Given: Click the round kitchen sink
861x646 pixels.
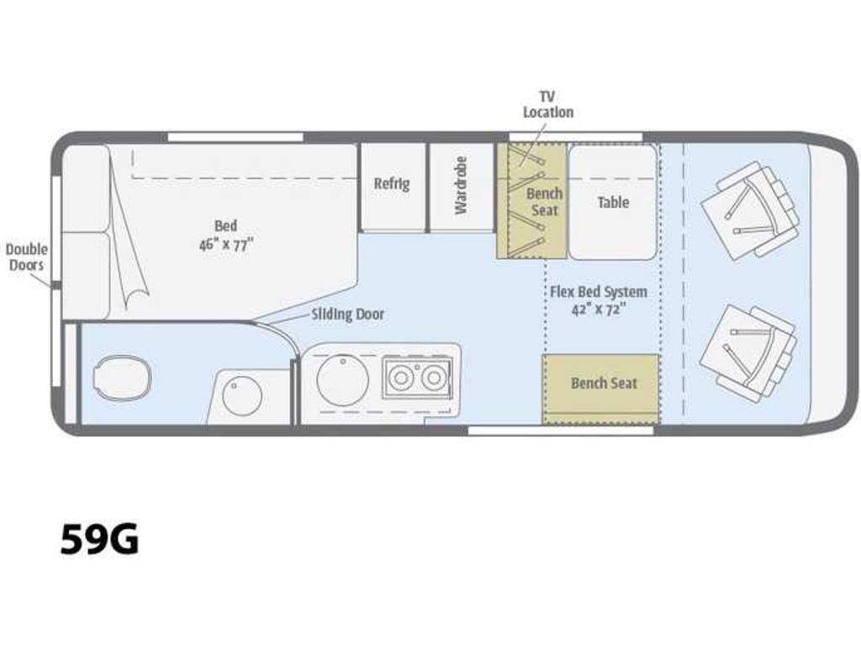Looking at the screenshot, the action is (343, 379).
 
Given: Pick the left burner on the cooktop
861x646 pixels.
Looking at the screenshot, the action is (401, 378).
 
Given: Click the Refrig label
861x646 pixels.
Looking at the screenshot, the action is (392, 183).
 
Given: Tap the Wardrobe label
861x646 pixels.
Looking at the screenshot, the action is (461, 186).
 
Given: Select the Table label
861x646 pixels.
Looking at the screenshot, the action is (613, 202).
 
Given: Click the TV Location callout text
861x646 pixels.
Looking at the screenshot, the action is (547, 104).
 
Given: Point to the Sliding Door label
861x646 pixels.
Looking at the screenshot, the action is (347, 315).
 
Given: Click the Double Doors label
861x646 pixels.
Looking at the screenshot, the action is (27, 257).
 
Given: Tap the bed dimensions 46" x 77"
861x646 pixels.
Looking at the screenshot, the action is (226, 244).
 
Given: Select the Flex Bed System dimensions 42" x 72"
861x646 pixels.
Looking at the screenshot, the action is (599, 310).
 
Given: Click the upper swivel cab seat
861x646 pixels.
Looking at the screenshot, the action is (749, 211).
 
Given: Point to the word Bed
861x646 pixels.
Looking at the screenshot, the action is (225, 225).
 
